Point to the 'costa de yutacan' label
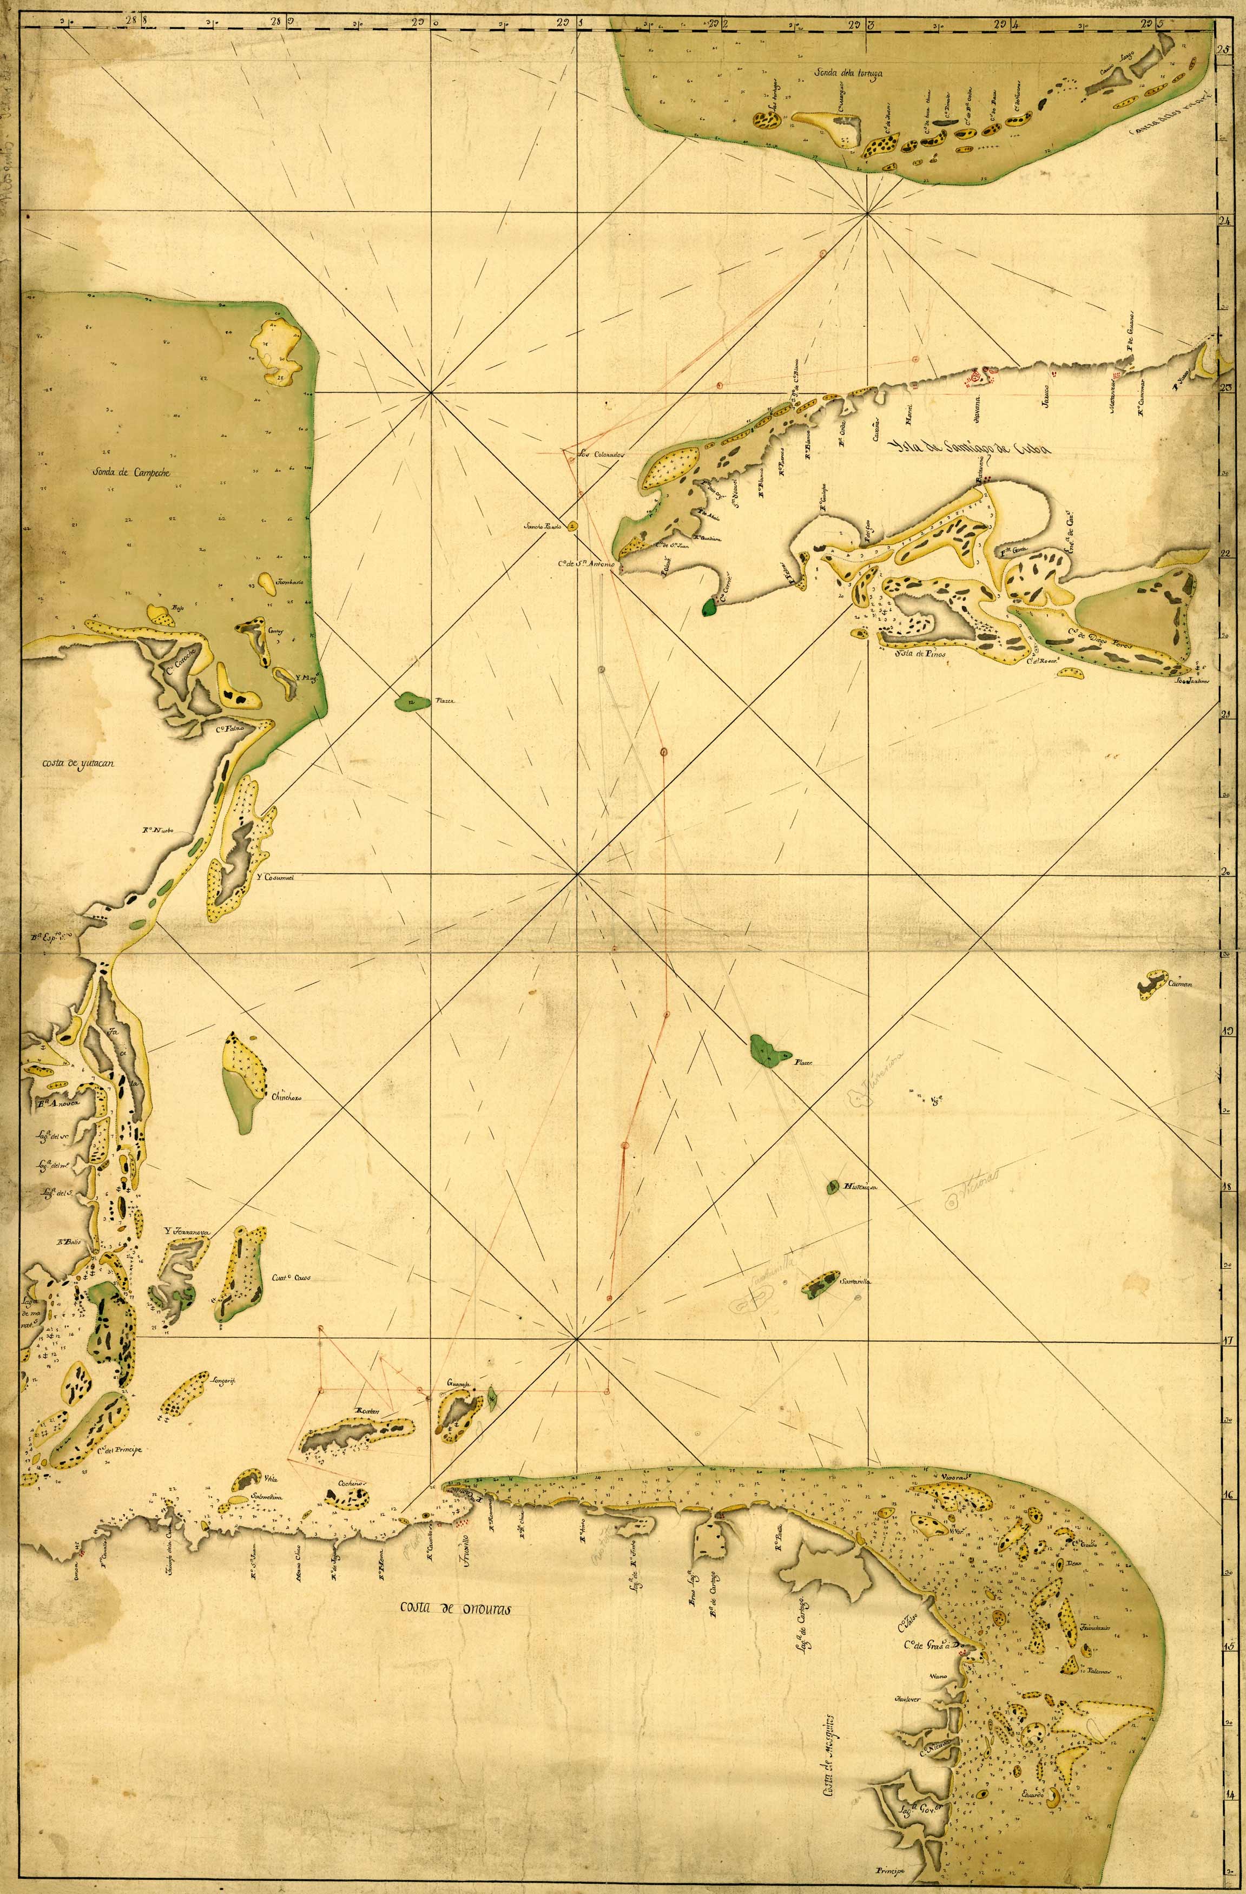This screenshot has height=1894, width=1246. [x=79, y=764]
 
